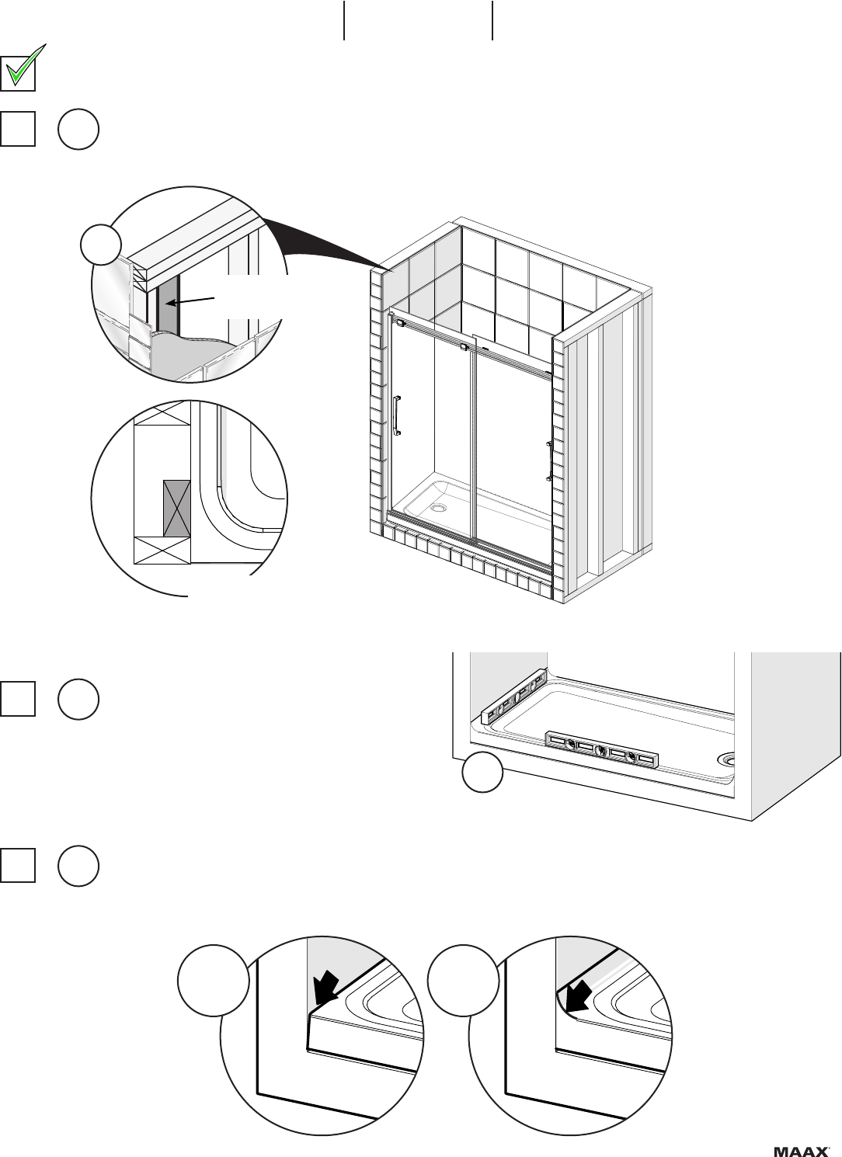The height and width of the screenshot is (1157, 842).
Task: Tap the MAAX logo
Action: tap(801, 1151)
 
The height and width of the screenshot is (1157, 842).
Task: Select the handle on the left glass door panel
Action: tap(397, 415)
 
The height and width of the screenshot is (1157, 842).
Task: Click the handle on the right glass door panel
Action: tap(548, 460)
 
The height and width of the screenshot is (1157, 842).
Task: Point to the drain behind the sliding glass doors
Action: tap(439, 509)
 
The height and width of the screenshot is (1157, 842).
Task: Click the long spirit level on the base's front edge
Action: tap(602, 749)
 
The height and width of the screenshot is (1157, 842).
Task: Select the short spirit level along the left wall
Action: tap(514, 695)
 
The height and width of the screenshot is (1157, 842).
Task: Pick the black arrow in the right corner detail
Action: tap(577, 996)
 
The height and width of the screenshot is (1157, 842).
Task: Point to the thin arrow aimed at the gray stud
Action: tap(192, 301)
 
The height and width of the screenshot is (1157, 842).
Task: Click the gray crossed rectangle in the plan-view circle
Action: tap(176, 509)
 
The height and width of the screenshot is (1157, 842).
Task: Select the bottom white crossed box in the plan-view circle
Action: tap(162, 551)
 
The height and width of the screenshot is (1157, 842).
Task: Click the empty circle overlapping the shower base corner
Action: tap(482, 772)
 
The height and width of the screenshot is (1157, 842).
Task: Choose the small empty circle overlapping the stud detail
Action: tap(101, 245)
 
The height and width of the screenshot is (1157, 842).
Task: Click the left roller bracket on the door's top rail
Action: tap(399, 323)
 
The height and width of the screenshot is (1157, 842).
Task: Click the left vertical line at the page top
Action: tap(344, 20)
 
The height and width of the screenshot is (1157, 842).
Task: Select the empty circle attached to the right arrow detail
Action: tap(463, 981)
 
